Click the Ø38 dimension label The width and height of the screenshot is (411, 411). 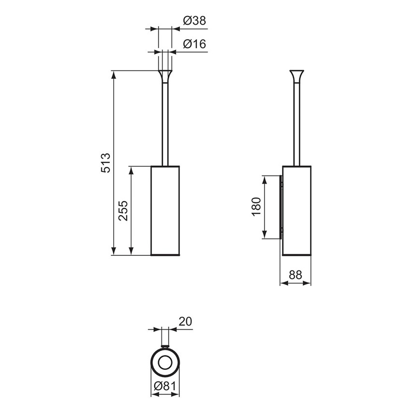195,21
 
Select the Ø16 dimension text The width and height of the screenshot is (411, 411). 195,44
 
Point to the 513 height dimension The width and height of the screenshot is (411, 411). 106,162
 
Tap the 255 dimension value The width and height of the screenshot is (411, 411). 123,210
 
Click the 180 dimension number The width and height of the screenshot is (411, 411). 256,207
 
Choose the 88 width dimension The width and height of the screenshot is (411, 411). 295,275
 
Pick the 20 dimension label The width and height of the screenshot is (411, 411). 185,322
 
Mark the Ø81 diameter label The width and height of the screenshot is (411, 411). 165,386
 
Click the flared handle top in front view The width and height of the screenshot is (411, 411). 165,76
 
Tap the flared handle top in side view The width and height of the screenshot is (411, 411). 296,76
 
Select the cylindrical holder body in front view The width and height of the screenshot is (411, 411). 165,210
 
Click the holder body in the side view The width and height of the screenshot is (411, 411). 296,210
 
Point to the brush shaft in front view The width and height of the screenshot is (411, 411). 165,126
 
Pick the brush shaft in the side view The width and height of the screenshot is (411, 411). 296,126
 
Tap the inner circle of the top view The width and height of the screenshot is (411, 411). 165,362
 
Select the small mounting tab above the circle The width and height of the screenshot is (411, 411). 165,346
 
